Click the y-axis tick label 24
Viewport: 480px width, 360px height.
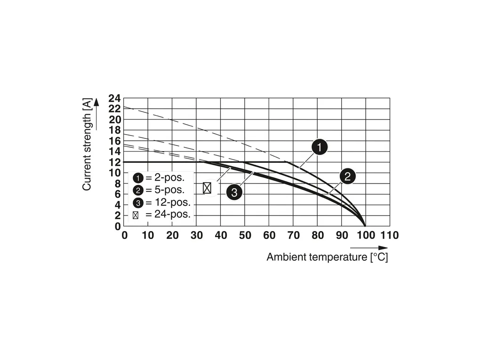pos(114,98)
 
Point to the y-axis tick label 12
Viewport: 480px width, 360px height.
pos(114,162)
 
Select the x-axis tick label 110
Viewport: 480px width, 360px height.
pos(389,235)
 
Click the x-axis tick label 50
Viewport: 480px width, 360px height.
pos(245,235)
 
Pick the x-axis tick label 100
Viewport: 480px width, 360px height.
pos(365,235)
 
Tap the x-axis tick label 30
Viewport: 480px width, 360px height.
pos(196,235)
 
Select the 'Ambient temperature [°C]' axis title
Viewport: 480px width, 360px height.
pos(327,257)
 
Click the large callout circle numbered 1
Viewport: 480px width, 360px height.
pos(320,148)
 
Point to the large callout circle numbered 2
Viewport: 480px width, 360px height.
pos(347,177)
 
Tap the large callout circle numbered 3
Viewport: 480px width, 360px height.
pos(234,192)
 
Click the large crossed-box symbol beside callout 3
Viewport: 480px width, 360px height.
pos(207,188)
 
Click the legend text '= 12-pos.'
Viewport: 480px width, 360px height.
pos(167,202)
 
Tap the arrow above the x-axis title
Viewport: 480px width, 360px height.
pos(369,248)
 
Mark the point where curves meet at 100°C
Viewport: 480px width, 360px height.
pos(365,226)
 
